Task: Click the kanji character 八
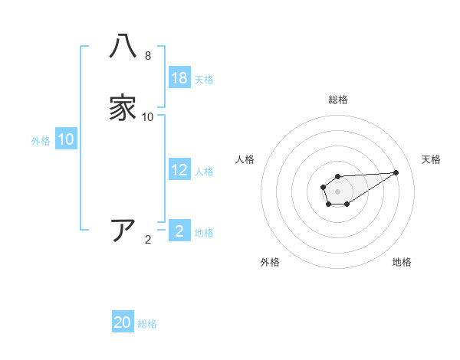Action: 123,47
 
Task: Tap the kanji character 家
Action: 123,108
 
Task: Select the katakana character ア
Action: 123,230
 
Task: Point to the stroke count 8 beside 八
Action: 148,56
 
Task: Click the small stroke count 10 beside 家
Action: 148,117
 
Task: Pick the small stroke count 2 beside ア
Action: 148,240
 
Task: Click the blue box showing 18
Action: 179,78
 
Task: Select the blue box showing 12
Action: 179,170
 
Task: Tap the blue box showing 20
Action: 123,322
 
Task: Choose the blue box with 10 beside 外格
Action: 66,139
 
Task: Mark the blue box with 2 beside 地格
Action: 179,231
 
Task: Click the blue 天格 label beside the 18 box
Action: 204,80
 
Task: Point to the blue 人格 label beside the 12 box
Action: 204,172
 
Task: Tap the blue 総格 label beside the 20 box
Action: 147,324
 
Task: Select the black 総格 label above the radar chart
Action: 337,100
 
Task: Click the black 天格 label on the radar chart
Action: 431,159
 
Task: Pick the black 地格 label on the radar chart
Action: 402,262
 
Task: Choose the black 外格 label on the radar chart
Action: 270,262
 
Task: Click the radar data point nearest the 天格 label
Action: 396,172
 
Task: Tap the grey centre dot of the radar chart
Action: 337,191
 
